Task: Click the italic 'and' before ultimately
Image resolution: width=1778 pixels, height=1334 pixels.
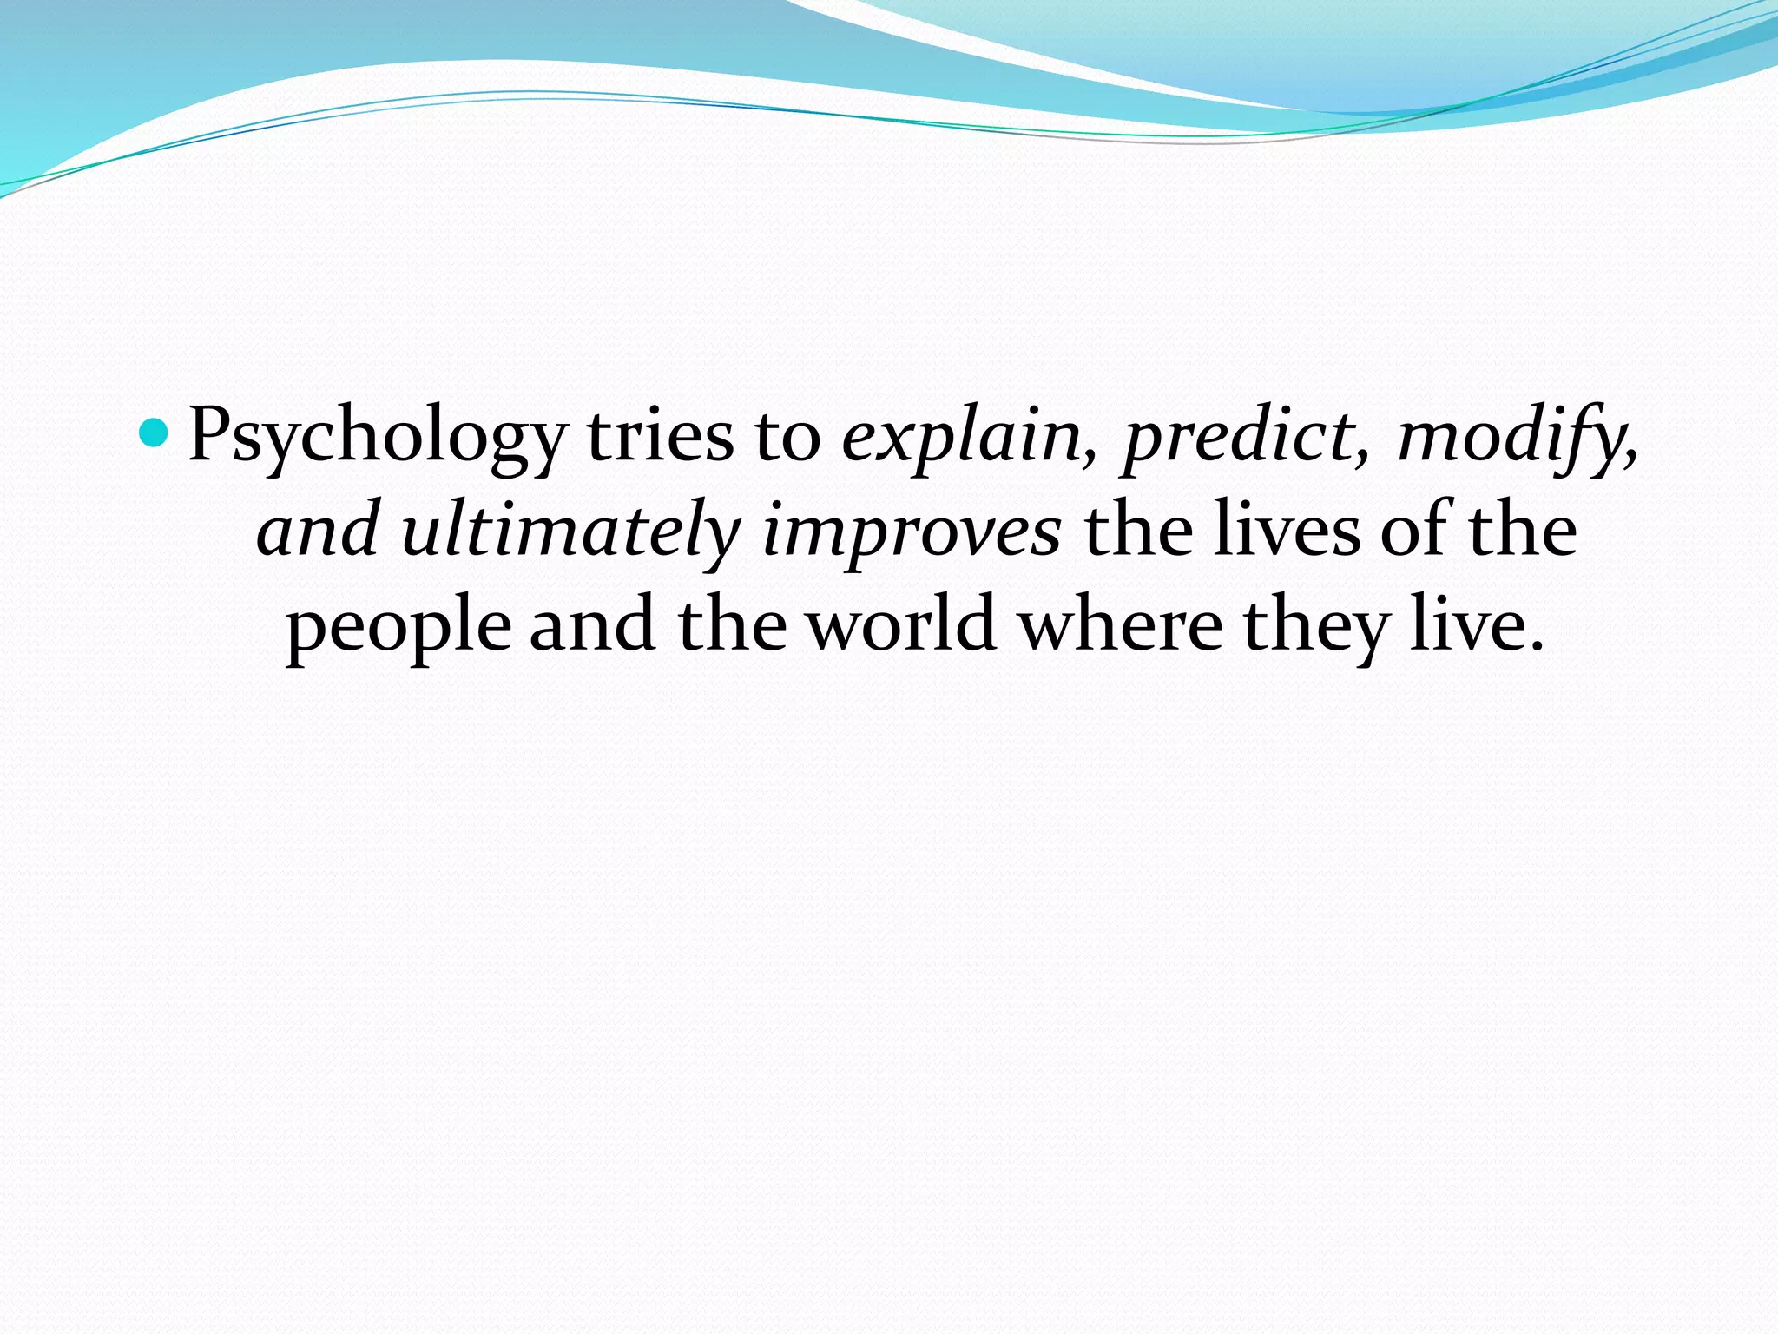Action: pos(318,530)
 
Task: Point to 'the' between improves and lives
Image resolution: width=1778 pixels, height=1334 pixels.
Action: pos(1137,530)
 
